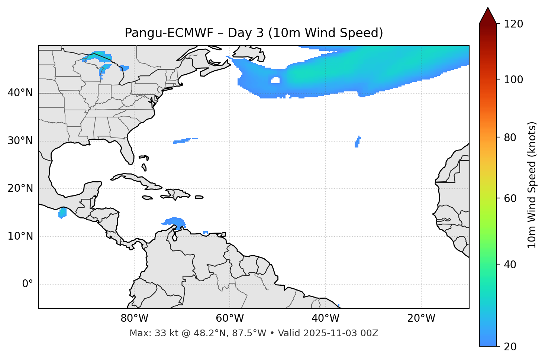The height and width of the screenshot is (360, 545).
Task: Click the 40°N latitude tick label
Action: [20, 93]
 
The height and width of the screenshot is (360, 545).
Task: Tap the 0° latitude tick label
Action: [27, 284]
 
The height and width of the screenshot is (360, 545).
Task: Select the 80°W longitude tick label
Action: [134, 318]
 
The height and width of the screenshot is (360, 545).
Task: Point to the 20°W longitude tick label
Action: [421, 318]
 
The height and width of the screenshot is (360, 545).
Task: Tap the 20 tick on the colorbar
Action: [510, 347]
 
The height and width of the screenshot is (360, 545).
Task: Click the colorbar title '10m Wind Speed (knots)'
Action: [532, 185]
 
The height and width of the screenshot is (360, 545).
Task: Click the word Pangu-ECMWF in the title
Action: [169, 33]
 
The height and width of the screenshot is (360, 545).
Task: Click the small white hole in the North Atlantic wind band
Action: [275, 80]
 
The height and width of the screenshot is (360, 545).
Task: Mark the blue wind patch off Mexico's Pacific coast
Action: [62, 213]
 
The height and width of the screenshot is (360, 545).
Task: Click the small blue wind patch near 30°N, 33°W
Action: [357, 142]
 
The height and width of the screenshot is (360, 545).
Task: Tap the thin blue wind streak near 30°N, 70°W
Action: [184, 140]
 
